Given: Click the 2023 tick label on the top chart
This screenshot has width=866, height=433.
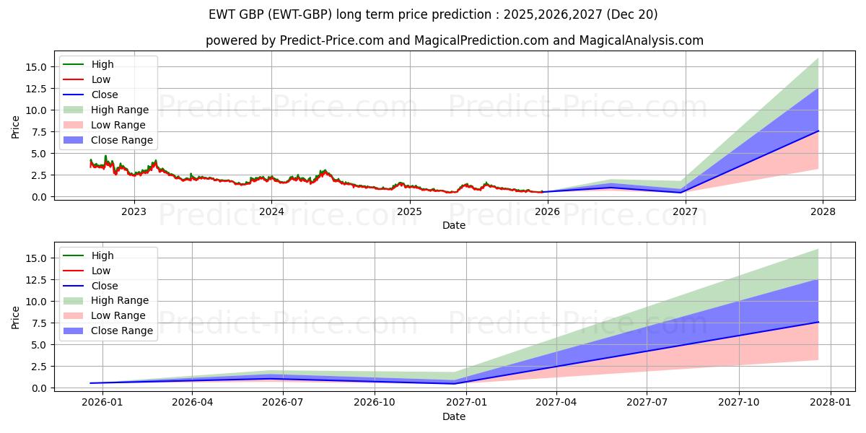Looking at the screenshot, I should [x=134, y=211].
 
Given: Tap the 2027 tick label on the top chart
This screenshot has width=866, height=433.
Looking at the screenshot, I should [x=685, y=211].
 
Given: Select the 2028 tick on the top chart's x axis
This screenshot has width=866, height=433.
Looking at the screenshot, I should [x=823, y=211].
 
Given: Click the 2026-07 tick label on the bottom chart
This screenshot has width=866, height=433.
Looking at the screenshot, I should [x=282, y=403].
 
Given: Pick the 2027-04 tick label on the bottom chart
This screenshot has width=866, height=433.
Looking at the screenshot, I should [x=556, y=403].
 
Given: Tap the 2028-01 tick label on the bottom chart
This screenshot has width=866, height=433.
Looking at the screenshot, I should [x=831, y=403].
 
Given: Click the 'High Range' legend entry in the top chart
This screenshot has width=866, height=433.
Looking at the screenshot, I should [x=120, y=110].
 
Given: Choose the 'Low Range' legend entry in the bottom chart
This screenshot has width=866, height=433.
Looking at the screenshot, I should [x=118, y=315].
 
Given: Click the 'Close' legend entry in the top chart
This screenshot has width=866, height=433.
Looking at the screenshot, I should [x=105, y=95].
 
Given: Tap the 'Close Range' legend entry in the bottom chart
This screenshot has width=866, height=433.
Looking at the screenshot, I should [x=122, y=331].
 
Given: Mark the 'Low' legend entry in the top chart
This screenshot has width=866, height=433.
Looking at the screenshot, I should [x=101, y=79].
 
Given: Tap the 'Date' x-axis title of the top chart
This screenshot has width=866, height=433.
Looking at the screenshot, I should [x=454, y=225].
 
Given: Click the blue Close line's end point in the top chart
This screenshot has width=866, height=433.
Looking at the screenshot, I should [x=818, y=131].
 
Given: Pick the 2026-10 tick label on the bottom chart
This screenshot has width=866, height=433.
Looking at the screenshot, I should [x=375, y=403].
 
